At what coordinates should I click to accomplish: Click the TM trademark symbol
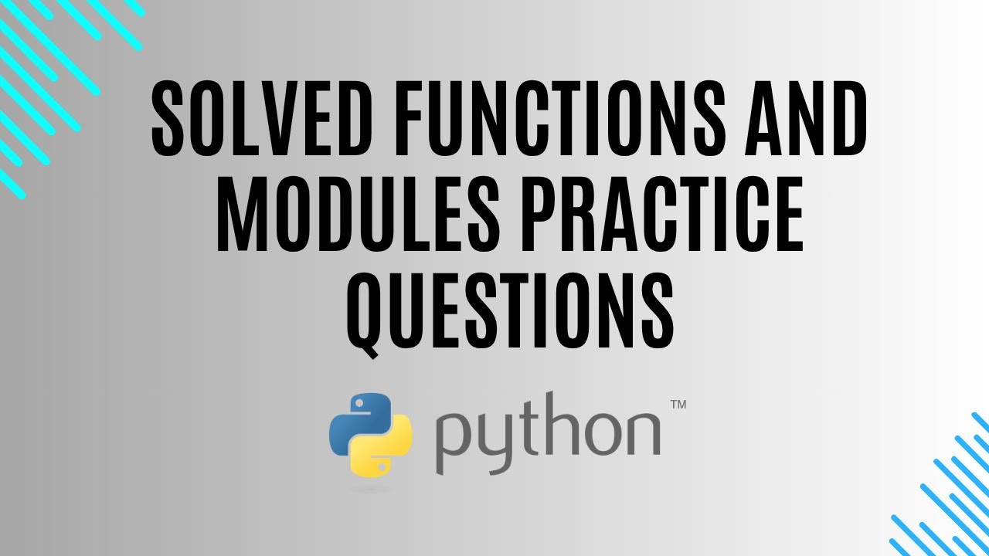[678, 405]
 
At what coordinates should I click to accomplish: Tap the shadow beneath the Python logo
[371, 487]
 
